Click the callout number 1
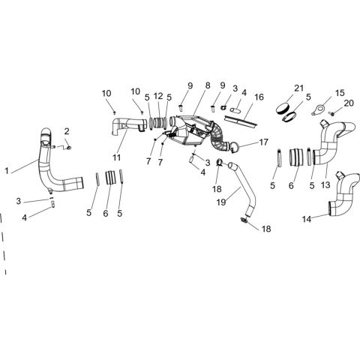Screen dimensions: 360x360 point(7,171)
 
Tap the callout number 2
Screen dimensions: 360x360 point(67,131)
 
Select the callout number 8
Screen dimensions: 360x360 point(208,85)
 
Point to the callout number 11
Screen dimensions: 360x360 point(116,157)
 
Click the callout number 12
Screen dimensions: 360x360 point(158,96)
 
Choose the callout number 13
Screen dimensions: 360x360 point(325,185)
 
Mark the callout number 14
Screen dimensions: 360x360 point(307,219)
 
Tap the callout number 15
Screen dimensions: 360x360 point(340,93)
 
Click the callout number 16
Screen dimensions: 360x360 point(259,97)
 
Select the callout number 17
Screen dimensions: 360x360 point(263,142)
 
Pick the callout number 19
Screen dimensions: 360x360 point(221,202)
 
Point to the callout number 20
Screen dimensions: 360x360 point(349,103)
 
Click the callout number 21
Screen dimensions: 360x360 point(298,88)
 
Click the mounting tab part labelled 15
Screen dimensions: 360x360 point(318,110)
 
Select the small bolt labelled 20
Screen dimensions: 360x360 point(332,114)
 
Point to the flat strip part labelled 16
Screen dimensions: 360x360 point(241,121)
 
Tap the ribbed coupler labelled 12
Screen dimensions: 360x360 point(158,122)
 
